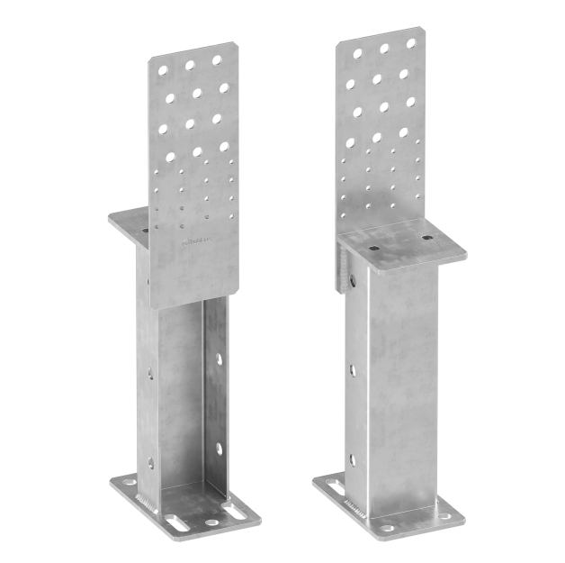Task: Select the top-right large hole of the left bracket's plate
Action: coord(217,60)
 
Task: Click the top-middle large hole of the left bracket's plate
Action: coord(191,64)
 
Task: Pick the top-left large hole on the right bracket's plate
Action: coord(357,54)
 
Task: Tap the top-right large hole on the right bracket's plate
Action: coord(411,42)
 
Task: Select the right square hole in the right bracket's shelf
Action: coord(426,239)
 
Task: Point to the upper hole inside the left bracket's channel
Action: coord(219,359)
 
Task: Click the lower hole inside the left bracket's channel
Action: coord(218,447)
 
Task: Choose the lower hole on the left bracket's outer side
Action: coord(150,463)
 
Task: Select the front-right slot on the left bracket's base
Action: coord(232,512)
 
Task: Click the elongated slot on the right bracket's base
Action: coord(336,487)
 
